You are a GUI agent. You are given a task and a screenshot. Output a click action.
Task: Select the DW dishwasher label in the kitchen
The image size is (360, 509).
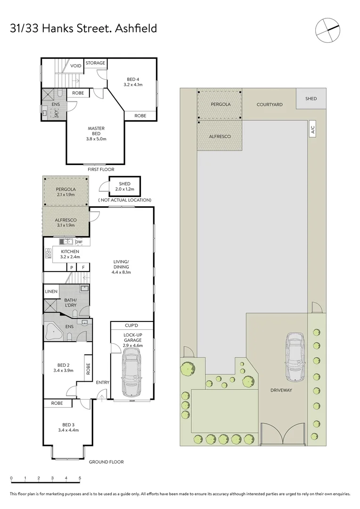(x=79, y=242)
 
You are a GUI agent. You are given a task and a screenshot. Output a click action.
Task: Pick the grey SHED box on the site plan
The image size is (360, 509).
(x=311, y=99)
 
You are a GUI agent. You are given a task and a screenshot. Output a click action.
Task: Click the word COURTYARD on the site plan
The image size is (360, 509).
(x=270, y=105)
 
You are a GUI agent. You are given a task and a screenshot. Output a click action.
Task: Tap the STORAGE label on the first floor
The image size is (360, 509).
(x=95, y=63)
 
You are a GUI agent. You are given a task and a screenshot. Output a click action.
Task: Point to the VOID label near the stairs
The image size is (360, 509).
(x=76, y=66)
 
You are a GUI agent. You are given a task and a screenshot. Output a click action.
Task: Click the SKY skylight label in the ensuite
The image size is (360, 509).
(x=57, y=113)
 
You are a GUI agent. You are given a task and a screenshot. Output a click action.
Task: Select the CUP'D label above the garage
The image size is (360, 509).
(x=131, y=326)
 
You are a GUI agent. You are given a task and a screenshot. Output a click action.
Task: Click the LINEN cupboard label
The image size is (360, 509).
(x=51, y=292)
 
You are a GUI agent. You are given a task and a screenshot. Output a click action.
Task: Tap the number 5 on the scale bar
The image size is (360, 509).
(x=80, y=478)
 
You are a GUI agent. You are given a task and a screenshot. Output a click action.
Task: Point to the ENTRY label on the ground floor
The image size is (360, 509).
(x=102, y=382)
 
